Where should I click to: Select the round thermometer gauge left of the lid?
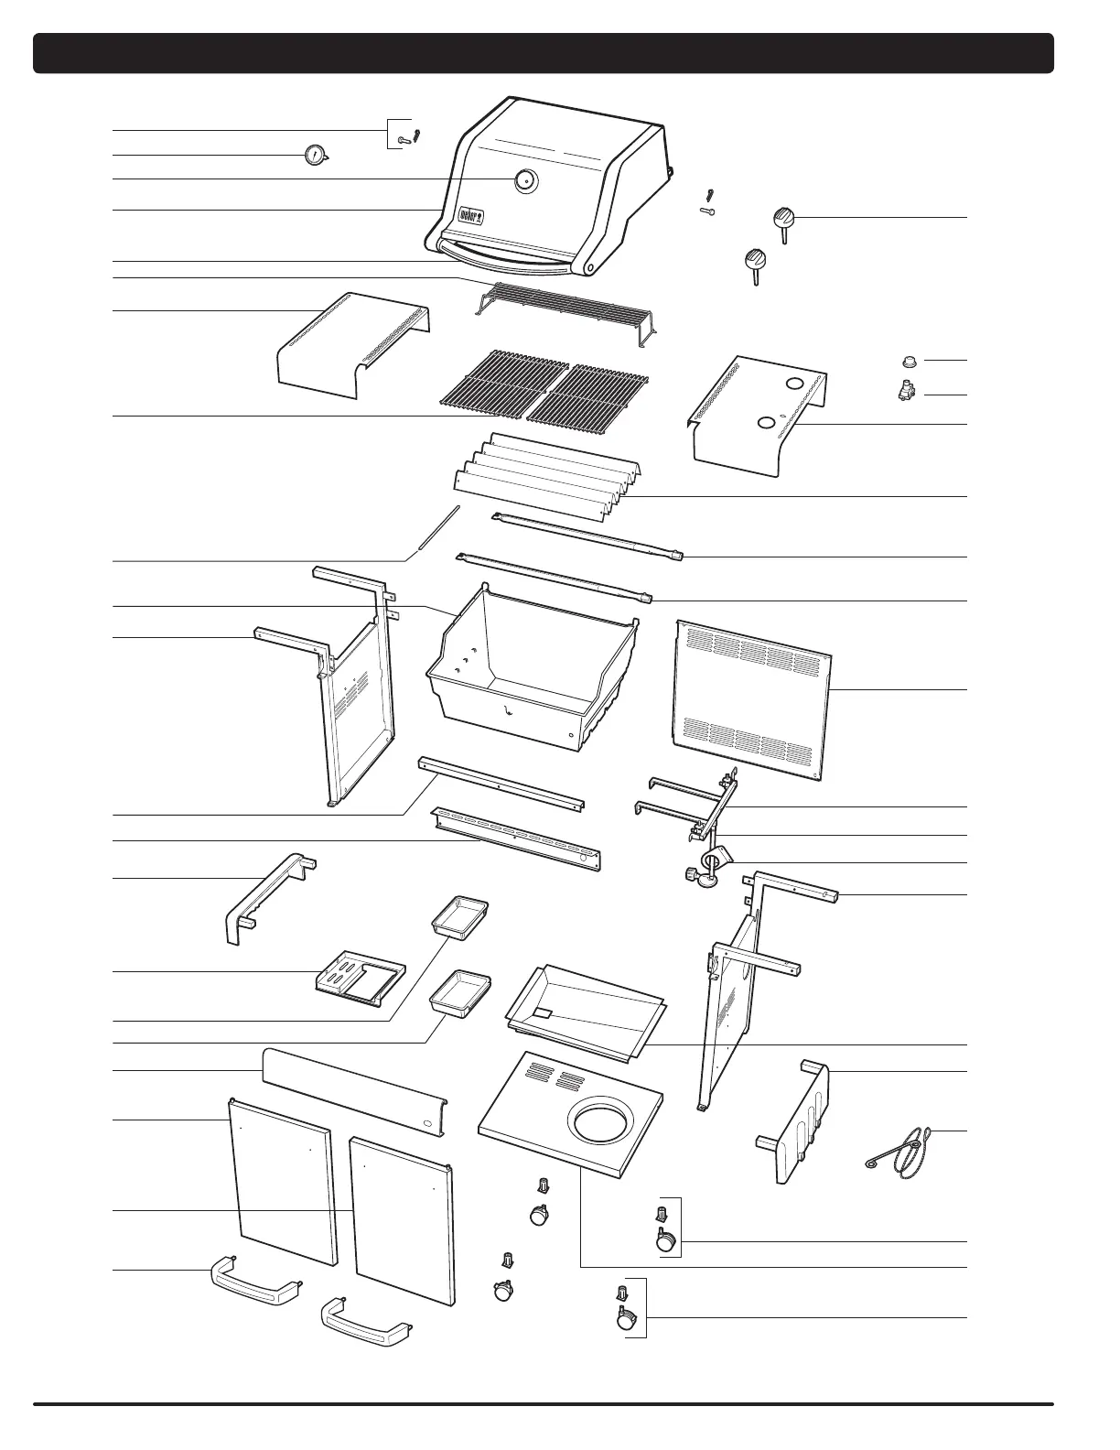pos(315,156)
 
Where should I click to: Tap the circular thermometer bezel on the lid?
pos(525,180)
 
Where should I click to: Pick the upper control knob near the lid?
pos(783,220)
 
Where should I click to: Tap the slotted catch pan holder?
pos(359,981)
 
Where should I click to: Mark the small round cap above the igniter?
pos(910,361)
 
